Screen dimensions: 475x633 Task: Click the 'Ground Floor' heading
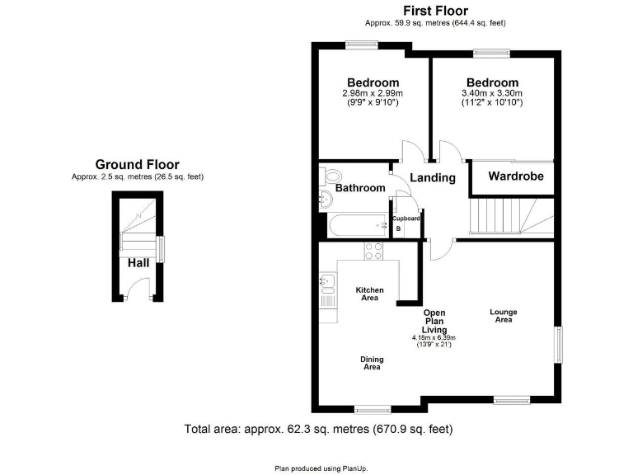pyautogui.click(x=137, y=164)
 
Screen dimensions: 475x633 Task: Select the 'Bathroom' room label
pyautogui.click(x=360, y=188)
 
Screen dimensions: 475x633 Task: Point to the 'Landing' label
pyautogui.click(x=433, y=178)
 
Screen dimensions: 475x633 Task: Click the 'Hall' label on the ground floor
pyautogui.click(x=138, y=263)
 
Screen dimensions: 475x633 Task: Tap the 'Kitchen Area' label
pyautogui.click(x=369, y=294)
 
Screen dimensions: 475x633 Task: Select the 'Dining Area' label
pyautogui.click(x=372, y=363)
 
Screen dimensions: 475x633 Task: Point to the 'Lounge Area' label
pyautogui.click(x=504, y=315)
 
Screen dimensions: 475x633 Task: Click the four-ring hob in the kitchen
pyautogui.click(x=373, y=251)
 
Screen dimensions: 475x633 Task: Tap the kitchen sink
pyautogui.click(x=326, y=285)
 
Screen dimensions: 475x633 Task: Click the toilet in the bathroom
pyautogui.click(x=331, y=176)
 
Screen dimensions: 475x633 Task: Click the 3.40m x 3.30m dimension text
pyautogui.click(x=492, y=94)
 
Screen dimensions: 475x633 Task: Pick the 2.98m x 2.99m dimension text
pyautogui.click(x=373, y=94)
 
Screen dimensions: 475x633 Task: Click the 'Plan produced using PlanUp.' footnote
pyautogui.click(x=321, y=468)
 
